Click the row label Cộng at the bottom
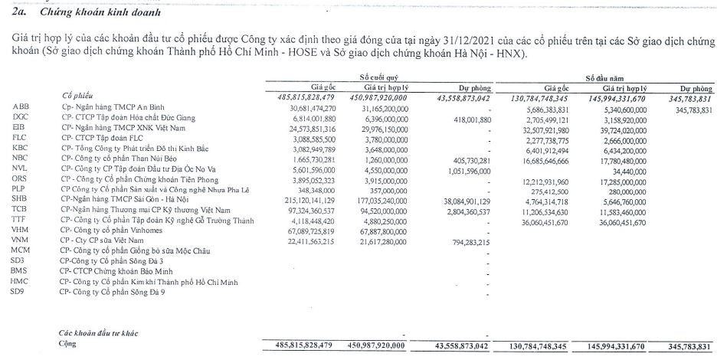pyautogui.click(x=69, y=344)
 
